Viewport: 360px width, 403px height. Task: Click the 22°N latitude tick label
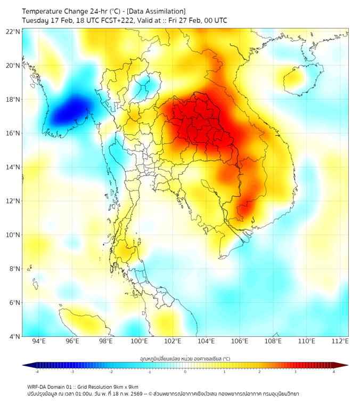[x=13, y=31]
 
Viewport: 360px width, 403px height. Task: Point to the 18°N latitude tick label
[x=13, y=99]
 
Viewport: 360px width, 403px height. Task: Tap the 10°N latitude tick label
[x=13, y=235]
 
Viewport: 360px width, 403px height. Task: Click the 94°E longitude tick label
[x=39, y=341]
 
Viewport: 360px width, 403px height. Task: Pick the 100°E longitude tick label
[x=139, y=341]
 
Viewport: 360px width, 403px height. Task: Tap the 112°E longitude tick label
[x=340, y=341]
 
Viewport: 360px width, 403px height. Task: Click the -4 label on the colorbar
[x=37, y=372]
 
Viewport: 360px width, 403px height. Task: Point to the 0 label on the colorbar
[x=185, y=372]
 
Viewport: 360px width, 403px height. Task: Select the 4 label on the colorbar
[x=333, y=372]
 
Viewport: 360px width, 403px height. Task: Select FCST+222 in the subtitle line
[x=116, y=20]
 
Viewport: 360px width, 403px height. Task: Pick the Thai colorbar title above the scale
[x=185, y=359]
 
